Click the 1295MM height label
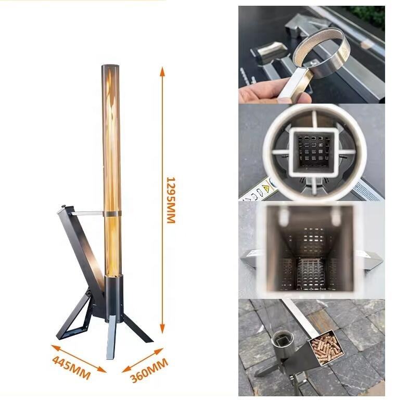(171, 200)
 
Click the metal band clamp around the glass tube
(112, 214)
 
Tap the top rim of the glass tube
(110, 65)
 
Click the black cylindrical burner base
(113, 297)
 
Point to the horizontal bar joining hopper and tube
(88, 214)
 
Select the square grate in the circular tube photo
(312, 151)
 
